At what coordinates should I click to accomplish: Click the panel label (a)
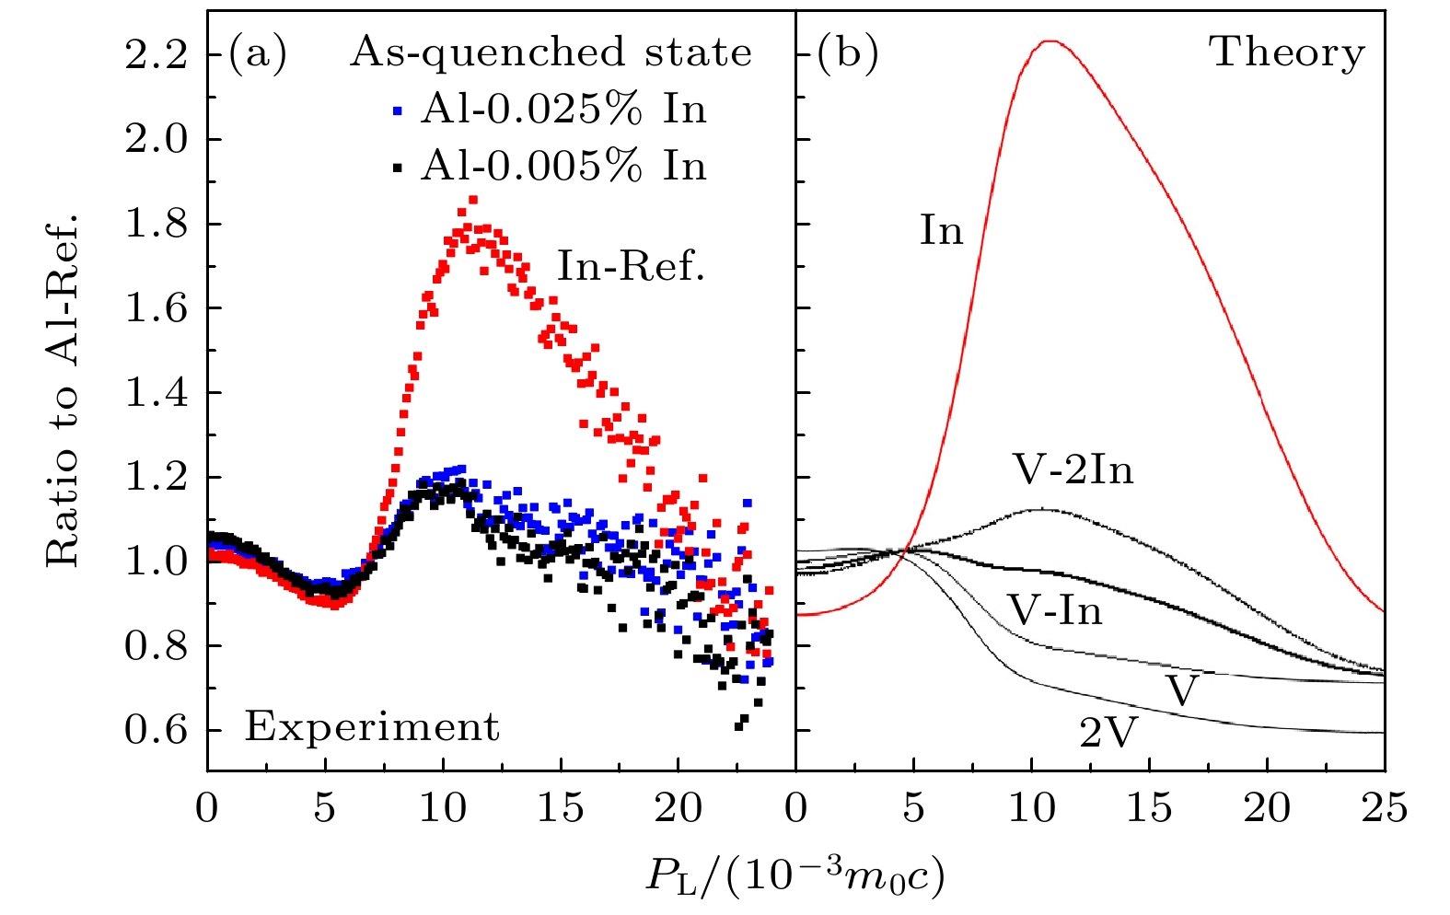(258, 54)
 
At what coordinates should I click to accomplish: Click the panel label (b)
(848, 54)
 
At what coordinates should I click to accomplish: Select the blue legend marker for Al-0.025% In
(398, 111)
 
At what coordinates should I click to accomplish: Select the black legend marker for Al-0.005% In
(398, 168)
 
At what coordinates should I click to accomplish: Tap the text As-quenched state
(551, 52)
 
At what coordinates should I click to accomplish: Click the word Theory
(1287, 52)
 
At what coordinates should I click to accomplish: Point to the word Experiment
(372, 727)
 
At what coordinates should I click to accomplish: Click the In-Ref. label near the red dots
(631, 267)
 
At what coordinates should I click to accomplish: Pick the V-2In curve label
(1073, 470)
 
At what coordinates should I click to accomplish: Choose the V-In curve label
(1055, 610)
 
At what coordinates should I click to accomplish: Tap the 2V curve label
(1108, 734)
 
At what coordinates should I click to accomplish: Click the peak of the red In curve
(1050, 41)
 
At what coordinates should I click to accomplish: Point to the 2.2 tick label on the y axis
(156, 55)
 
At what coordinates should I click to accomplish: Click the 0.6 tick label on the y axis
(156, 731)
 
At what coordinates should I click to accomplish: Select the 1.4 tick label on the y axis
(156, 393)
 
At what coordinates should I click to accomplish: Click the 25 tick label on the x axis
(1385, 808)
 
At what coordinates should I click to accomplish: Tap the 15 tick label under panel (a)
(561, 808)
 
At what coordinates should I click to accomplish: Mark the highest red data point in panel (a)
(473, 199)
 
